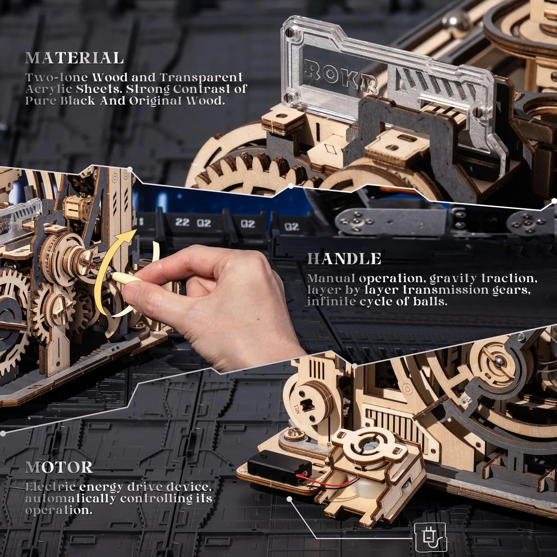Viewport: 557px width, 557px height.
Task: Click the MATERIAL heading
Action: pyautogui.click(x=74, y=58)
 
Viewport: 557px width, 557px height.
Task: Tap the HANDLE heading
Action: pyautogui.click(x=344, y=259)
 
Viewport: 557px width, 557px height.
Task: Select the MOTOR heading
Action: pyautogui.click(x=59, y=467)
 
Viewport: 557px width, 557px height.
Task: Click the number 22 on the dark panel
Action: pyautogui.click(x=182, y=222)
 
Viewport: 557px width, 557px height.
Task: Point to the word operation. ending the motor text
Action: pyautogui.click(x=59, y=510)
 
